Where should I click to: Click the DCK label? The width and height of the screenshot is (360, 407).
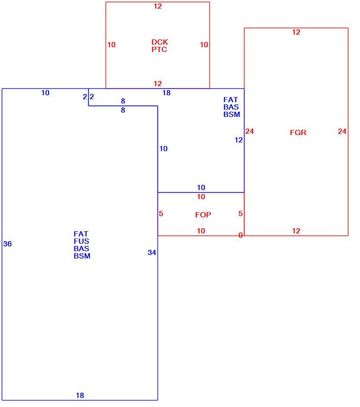160,42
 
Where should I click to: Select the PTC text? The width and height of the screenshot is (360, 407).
159,49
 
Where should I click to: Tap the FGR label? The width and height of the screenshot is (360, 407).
298,132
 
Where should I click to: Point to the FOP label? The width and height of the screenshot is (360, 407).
203,215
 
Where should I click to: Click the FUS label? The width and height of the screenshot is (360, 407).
81,242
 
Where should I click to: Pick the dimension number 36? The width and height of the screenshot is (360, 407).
7,244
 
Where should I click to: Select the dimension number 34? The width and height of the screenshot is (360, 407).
152,252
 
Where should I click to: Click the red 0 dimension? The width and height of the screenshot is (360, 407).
241,235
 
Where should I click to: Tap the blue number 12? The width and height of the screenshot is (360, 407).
238,140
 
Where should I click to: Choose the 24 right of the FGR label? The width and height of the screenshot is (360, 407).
342,131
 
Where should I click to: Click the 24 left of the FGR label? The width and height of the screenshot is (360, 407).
250,131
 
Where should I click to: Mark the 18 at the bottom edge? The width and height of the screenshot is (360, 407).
80,395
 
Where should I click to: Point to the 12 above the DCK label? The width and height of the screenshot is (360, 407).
157,6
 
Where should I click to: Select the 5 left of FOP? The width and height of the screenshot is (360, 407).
161,213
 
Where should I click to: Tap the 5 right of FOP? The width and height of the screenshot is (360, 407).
241,213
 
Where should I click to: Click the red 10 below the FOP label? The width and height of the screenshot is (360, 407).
201,231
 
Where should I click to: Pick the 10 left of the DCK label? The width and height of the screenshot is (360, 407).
112,45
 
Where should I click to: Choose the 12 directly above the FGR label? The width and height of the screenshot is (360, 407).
296,32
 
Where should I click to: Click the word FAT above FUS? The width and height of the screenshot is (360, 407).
81,234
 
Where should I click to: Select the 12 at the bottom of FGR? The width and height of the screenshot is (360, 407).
296,231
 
